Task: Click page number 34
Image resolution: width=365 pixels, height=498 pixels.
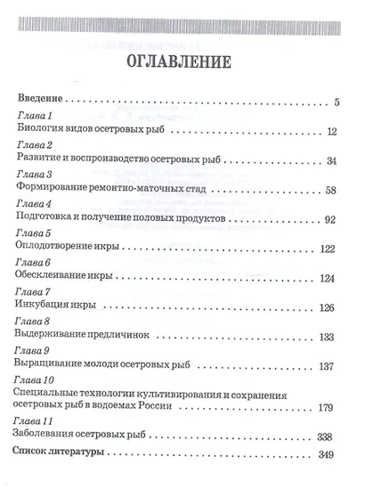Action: coord(332,161)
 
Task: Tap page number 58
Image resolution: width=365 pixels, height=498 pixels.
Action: coord(332,191)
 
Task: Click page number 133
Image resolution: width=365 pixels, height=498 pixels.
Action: coord(328,336)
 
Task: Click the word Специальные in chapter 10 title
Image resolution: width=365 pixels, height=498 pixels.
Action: coord(51,395)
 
